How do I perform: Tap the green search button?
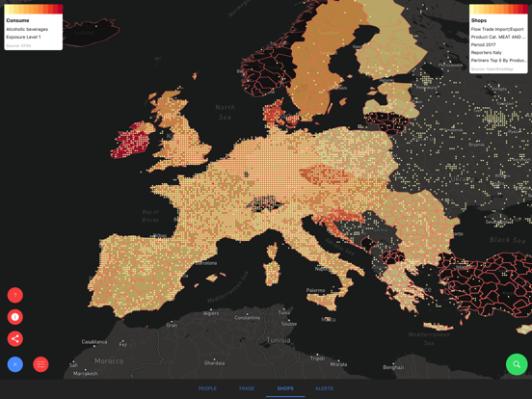(517, 364)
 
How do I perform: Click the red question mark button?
(15, 295)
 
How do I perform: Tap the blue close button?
(15, 364)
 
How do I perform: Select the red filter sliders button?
(40, 364)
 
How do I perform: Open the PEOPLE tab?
(207, 388)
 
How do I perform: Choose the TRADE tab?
(247, 388)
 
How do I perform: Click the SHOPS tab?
(285, 388)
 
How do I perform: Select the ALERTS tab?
(324, 388)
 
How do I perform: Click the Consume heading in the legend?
(17, 20)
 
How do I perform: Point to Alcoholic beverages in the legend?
(27, 29)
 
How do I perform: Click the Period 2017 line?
(484, 44)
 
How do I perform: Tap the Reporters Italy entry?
(487, 52)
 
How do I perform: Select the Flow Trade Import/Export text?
(497, 29)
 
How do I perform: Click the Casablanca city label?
(94, 342)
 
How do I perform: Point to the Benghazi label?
(393, 367)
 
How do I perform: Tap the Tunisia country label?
(278, 340)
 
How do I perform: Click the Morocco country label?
(109, 360)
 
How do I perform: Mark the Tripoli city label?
(317, 358)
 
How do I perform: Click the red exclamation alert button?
(15, 317)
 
